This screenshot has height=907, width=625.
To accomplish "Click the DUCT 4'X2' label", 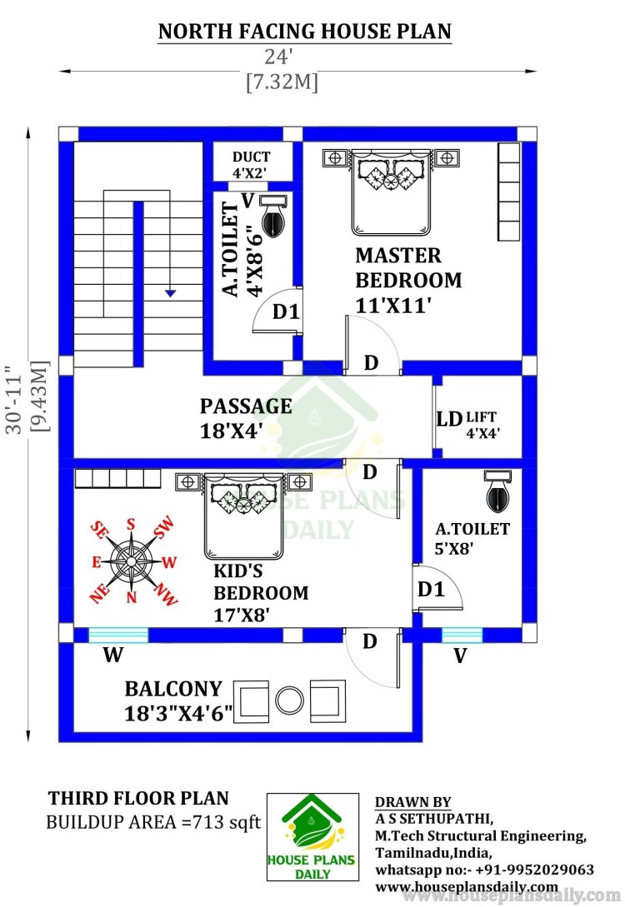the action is click(x=251, y=165).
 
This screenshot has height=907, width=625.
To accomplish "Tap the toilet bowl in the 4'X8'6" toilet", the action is click(x=273, y=221).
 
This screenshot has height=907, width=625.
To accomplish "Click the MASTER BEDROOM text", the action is click(x=408, y=268).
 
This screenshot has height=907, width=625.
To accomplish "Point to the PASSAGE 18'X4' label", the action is click(x=246, y=417).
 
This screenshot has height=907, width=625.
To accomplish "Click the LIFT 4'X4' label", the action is click(x=482, y=425).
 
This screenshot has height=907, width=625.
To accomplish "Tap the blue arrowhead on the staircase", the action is click(x=169, y=293).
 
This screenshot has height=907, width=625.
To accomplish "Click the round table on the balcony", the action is click(x=289, y=700).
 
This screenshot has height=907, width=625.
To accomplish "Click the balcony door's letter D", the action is click(x=369, y=641).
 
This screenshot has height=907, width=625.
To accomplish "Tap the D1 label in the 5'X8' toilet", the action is click(x=431, y=590).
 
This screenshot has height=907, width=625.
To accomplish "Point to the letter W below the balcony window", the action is click(x=113, y=655).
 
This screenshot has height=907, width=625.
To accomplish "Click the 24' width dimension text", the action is click(x=279, y=57).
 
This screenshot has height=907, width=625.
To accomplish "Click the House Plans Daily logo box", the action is click(x=312, y=836).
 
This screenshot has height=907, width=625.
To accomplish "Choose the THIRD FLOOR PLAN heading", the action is click(x=138, y=798).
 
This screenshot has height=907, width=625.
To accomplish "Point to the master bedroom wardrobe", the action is click(x=509, y=192).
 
